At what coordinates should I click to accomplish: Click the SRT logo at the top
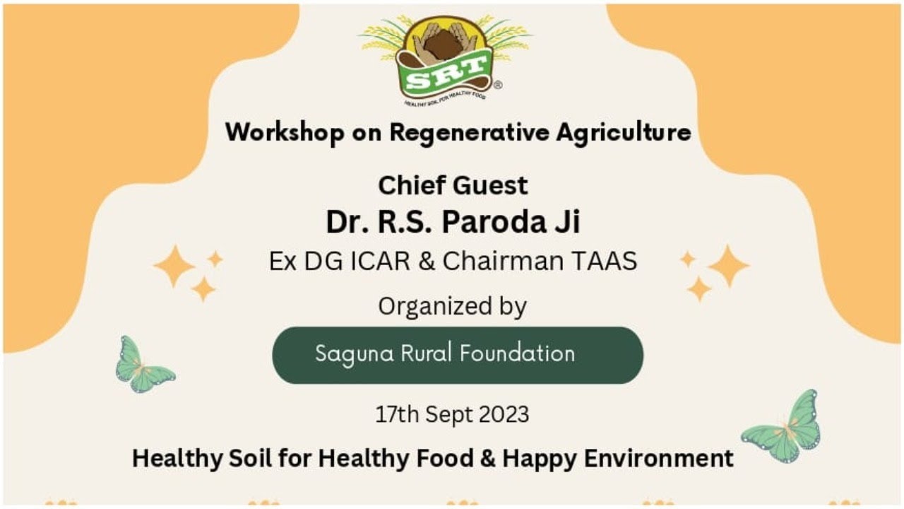click(x=445, y=59)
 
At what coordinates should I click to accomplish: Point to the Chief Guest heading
click(x=453, y=185)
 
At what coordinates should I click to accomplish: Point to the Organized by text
click(x=453, y=306)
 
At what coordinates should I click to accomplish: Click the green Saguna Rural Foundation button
click(x=458, y=355)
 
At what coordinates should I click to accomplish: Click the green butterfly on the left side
click(x=143, y=365)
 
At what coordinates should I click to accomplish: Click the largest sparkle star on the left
click(x=174, y=266)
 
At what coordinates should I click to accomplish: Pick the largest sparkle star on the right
click(x=728, y=266)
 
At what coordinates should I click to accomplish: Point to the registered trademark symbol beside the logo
click(x=498, y=85)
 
